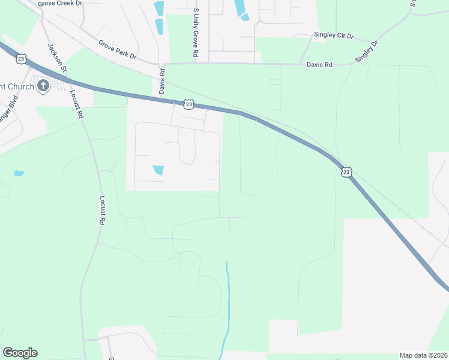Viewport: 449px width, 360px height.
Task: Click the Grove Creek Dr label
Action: [x=60, y=4]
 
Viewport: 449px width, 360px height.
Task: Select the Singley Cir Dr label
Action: [x=334, y=35]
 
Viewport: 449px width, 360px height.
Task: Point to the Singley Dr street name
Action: [x=367, y=51]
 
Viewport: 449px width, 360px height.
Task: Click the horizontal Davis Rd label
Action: [x=319, y=64]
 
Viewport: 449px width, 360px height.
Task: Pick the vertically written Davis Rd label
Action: [x=161, y=81]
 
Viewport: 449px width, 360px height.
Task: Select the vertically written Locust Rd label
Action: [x=102, y=210]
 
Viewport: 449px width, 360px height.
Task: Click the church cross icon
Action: [x=43, y=86]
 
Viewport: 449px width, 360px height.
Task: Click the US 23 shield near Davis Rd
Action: [x=189, y=105]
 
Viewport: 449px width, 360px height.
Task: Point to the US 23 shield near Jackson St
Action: [x=21, y=59]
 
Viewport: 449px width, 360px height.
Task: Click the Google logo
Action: [x=20, y=353]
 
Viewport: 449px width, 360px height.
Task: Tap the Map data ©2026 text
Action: [x=423, y=355]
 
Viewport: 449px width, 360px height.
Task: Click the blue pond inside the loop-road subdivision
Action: [x=158, y=170]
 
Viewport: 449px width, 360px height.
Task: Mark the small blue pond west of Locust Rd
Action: [x=19, y=173]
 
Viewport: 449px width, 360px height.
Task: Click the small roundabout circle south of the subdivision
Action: [x=176, y=256]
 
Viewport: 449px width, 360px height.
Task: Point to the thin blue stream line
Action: [x=227, y=300]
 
